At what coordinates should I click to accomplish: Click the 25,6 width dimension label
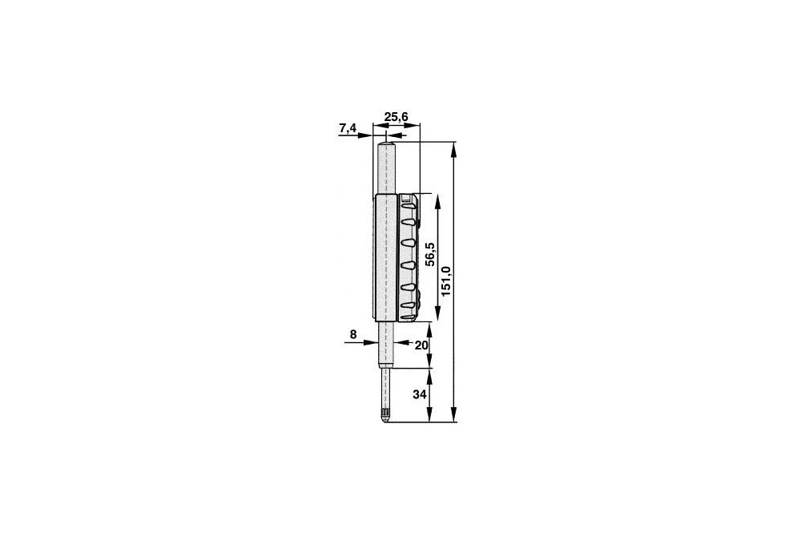396,117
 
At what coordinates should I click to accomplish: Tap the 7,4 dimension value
348,128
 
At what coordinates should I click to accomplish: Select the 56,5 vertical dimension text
430,253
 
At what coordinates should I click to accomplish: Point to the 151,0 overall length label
446,281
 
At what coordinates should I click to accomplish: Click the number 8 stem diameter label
353,335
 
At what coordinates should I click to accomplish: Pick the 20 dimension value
421,345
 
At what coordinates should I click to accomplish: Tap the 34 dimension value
420,395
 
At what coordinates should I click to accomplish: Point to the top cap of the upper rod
387,145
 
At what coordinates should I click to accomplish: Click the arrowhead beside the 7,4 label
366,135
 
